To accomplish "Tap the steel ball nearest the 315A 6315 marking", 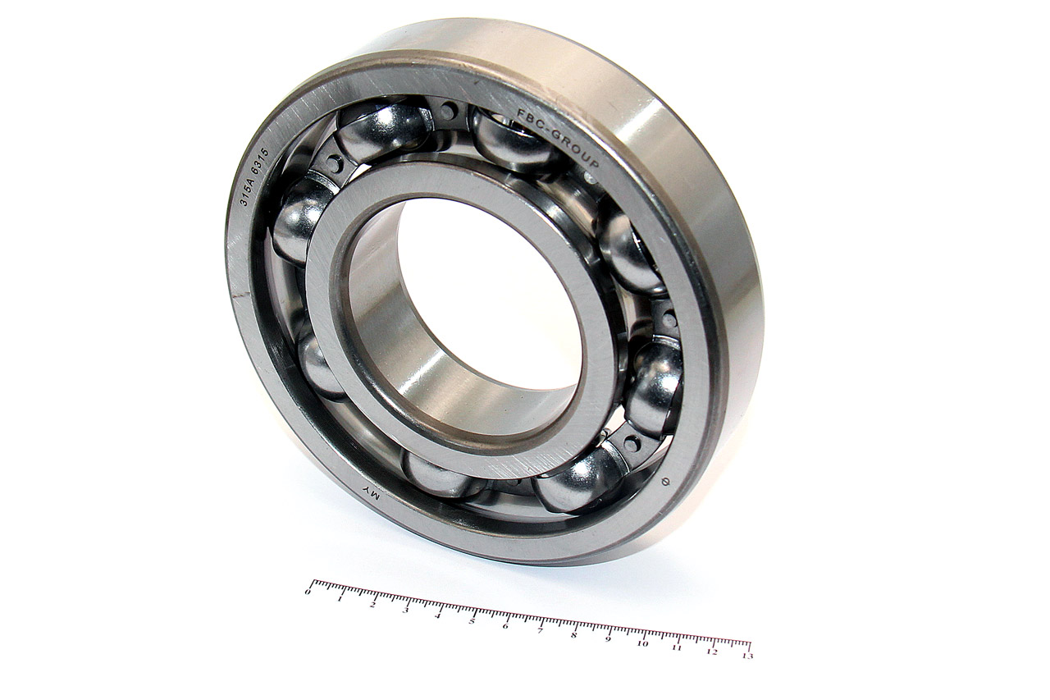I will (x=299, y=217).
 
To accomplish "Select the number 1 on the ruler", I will (x=340, y=597).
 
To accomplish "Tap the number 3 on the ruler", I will (x=405, y=609).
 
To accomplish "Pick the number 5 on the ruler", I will (x=472, y=620).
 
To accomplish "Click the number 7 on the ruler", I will (x=540, y=630).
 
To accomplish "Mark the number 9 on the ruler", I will (x=608, y=638).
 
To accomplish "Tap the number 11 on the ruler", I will (x=677, y=647).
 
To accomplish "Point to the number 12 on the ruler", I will (x=711, y=652).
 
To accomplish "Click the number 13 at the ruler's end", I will (x=746, y=656).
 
